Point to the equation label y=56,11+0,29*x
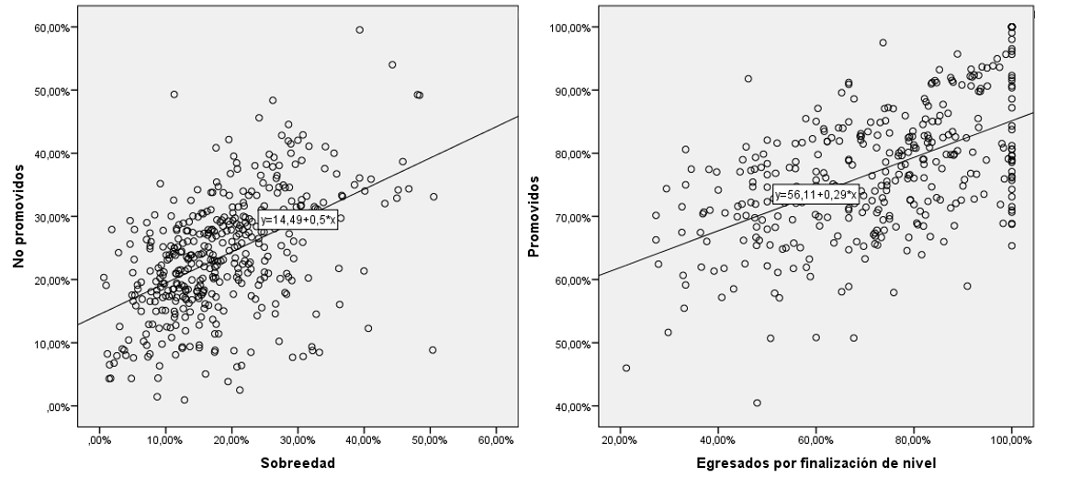pos(816,195)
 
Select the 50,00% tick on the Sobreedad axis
pos(431,440)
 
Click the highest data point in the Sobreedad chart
pos(360,29)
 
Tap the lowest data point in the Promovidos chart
pos(757,403)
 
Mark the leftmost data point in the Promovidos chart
pos(626,368)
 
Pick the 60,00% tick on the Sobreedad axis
pos(496,440)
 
